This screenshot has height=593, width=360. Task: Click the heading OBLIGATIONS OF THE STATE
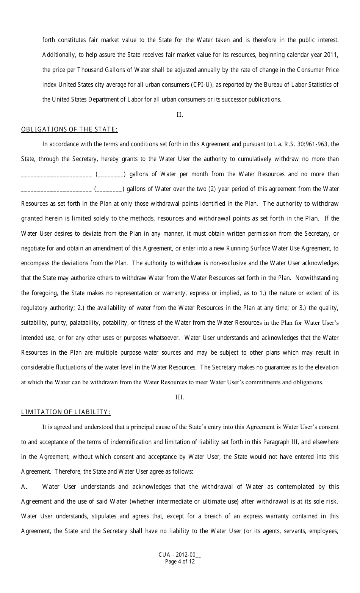click(x=69, y=130)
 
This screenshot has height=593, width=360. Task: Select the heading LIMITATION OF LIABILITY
click(x=66, y=412)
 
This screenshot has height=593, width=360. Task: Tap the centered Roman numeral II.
click(x=180, y=114)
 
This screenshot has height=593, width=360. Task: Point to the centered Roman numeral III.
click(x=180, y=397)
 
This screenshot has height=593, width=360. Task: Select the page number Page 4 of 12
click(x=180, y=562)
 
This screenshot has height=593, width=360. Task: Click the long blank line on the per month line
click(x=56, y=175)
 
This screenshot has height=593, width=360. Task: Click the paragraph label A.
click(x=24, y=487)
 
